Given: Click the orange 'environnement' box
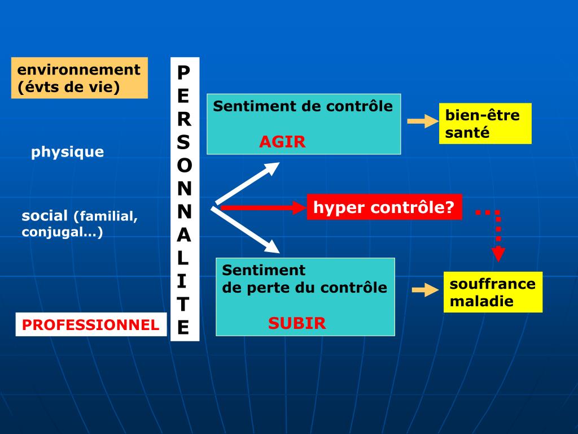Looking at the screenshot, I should point(79,78).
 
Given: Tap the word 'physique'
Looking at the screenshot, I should point(68,152).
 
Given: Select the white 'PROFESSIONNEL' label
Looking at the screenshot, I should point(91,325).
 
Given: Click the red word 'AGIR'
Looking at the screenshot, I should point(282,142).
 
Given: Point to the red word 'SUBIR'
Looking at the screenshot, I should point(297,323).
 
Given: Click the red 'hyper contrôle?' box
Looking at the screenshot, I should point(384,207).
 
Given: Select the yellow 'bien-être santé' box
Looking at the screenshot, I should point(485,124).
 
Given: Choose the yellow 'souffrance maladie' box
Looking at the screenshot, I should point(493,292).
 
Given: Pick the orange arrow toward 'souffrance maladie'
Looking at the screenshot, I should point(425,290).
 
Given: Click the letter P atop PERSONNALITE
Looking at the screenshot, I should point(184,72).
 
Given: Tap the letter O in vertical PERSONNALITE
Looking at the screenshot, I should point(184,166).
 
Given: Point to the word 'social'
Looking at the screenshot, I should point(45,216).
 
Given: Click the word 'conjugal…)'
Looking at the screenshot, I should point(62,232).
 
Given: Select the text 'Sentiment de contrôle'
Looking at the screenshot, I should point(303,106).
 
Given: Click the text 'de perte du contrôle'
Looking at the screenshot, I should point(305,288).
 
